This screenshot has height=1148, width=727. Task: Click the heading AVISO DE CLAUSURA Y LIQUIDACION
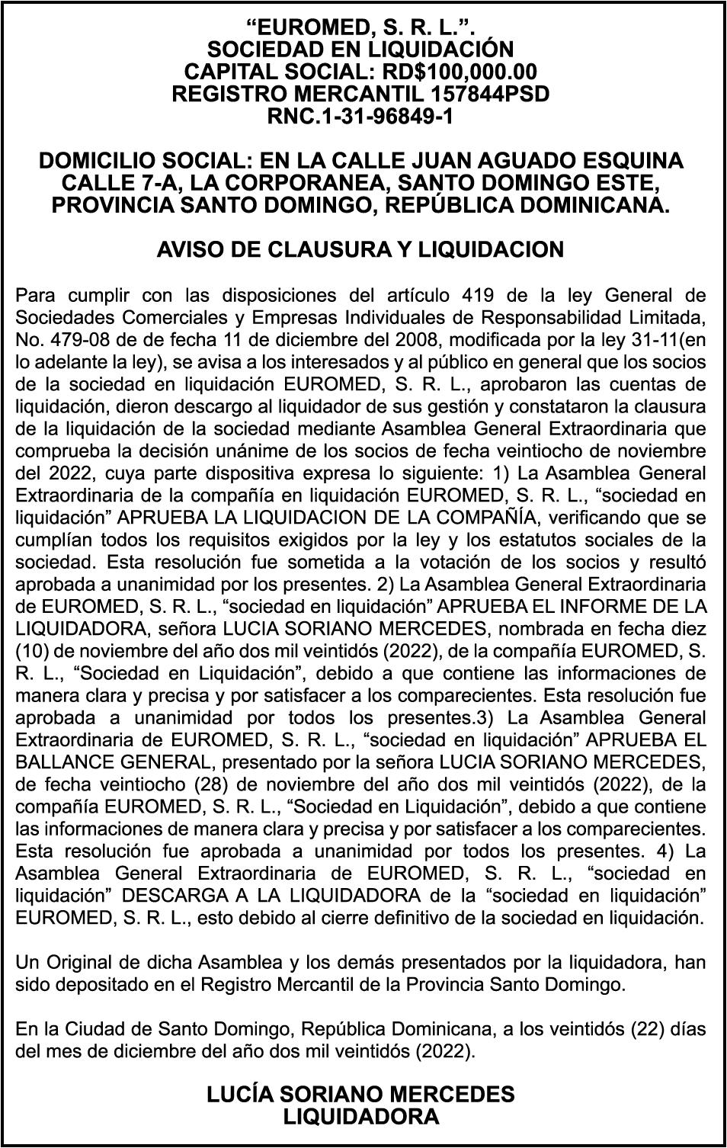point(360,249)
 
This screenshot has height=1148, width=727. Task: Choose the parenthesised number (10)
point(31,651)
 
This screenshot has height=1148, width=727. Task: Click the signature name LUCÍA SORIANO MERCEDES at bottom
point(360,1095)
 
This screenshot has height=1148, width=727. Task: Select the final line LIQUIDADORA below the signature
point(360,1117)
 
